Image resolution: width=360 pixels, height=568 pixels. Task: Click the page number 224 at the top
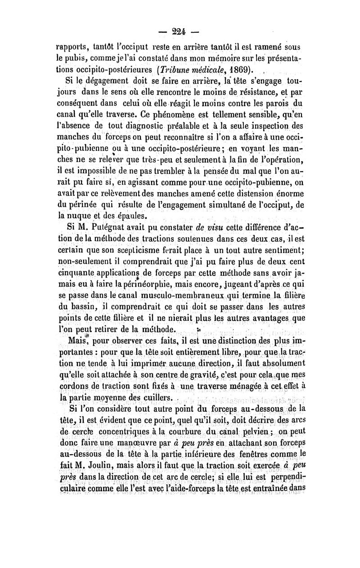[180, 31]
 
